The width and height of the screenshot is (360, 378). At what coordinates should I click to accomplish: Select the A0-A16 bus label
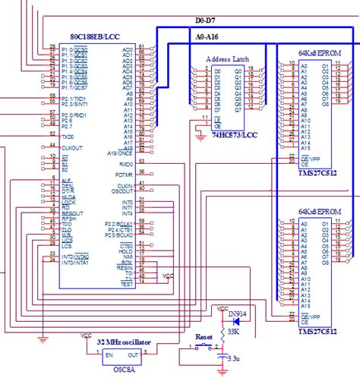207,36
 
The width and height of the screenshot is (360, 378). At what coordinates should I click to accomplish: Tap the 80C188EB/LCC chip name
96,36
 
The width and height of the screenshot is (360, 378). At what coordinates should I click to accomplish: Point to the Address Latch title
228,58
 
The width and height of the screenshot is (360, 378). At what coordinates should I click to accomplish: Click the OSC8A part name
124,370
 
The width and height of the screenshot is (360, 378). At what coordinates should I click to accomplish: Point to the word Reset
204,335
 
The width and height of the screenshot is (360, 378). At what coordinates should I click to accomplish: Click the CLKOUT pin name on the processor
72,147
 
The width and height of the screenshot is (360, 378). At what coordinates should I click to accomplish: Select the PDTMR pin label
124,174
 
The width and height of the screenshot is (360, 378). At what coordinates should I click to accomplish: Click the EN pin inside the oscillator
109,355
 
